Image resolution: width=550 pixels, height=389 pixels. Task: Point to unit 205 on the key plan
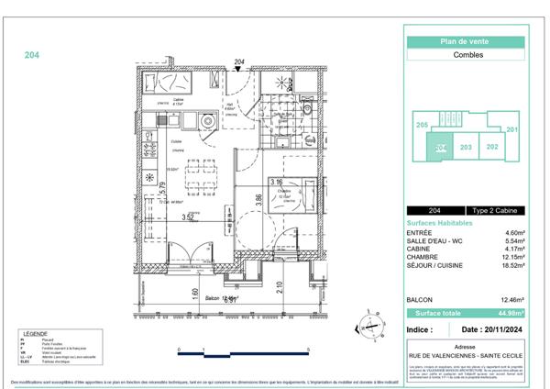pyautogui.click(x=422, y=125)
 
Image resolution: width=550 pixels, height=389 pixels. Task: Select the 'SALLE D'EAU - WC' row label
pyautogui.click(x=434, y=241)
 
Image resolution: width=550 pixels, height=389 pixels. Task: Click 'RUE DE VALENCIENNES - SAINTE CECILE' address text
pyautogui.click(x=464, y=356)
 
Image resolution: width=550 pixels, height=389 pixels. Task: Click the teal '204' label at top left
pyautogui.click(x=31, y=55)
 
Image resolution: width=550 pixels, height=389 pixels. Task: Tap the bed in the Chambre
pyautogui.click(x=300, y=196)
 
